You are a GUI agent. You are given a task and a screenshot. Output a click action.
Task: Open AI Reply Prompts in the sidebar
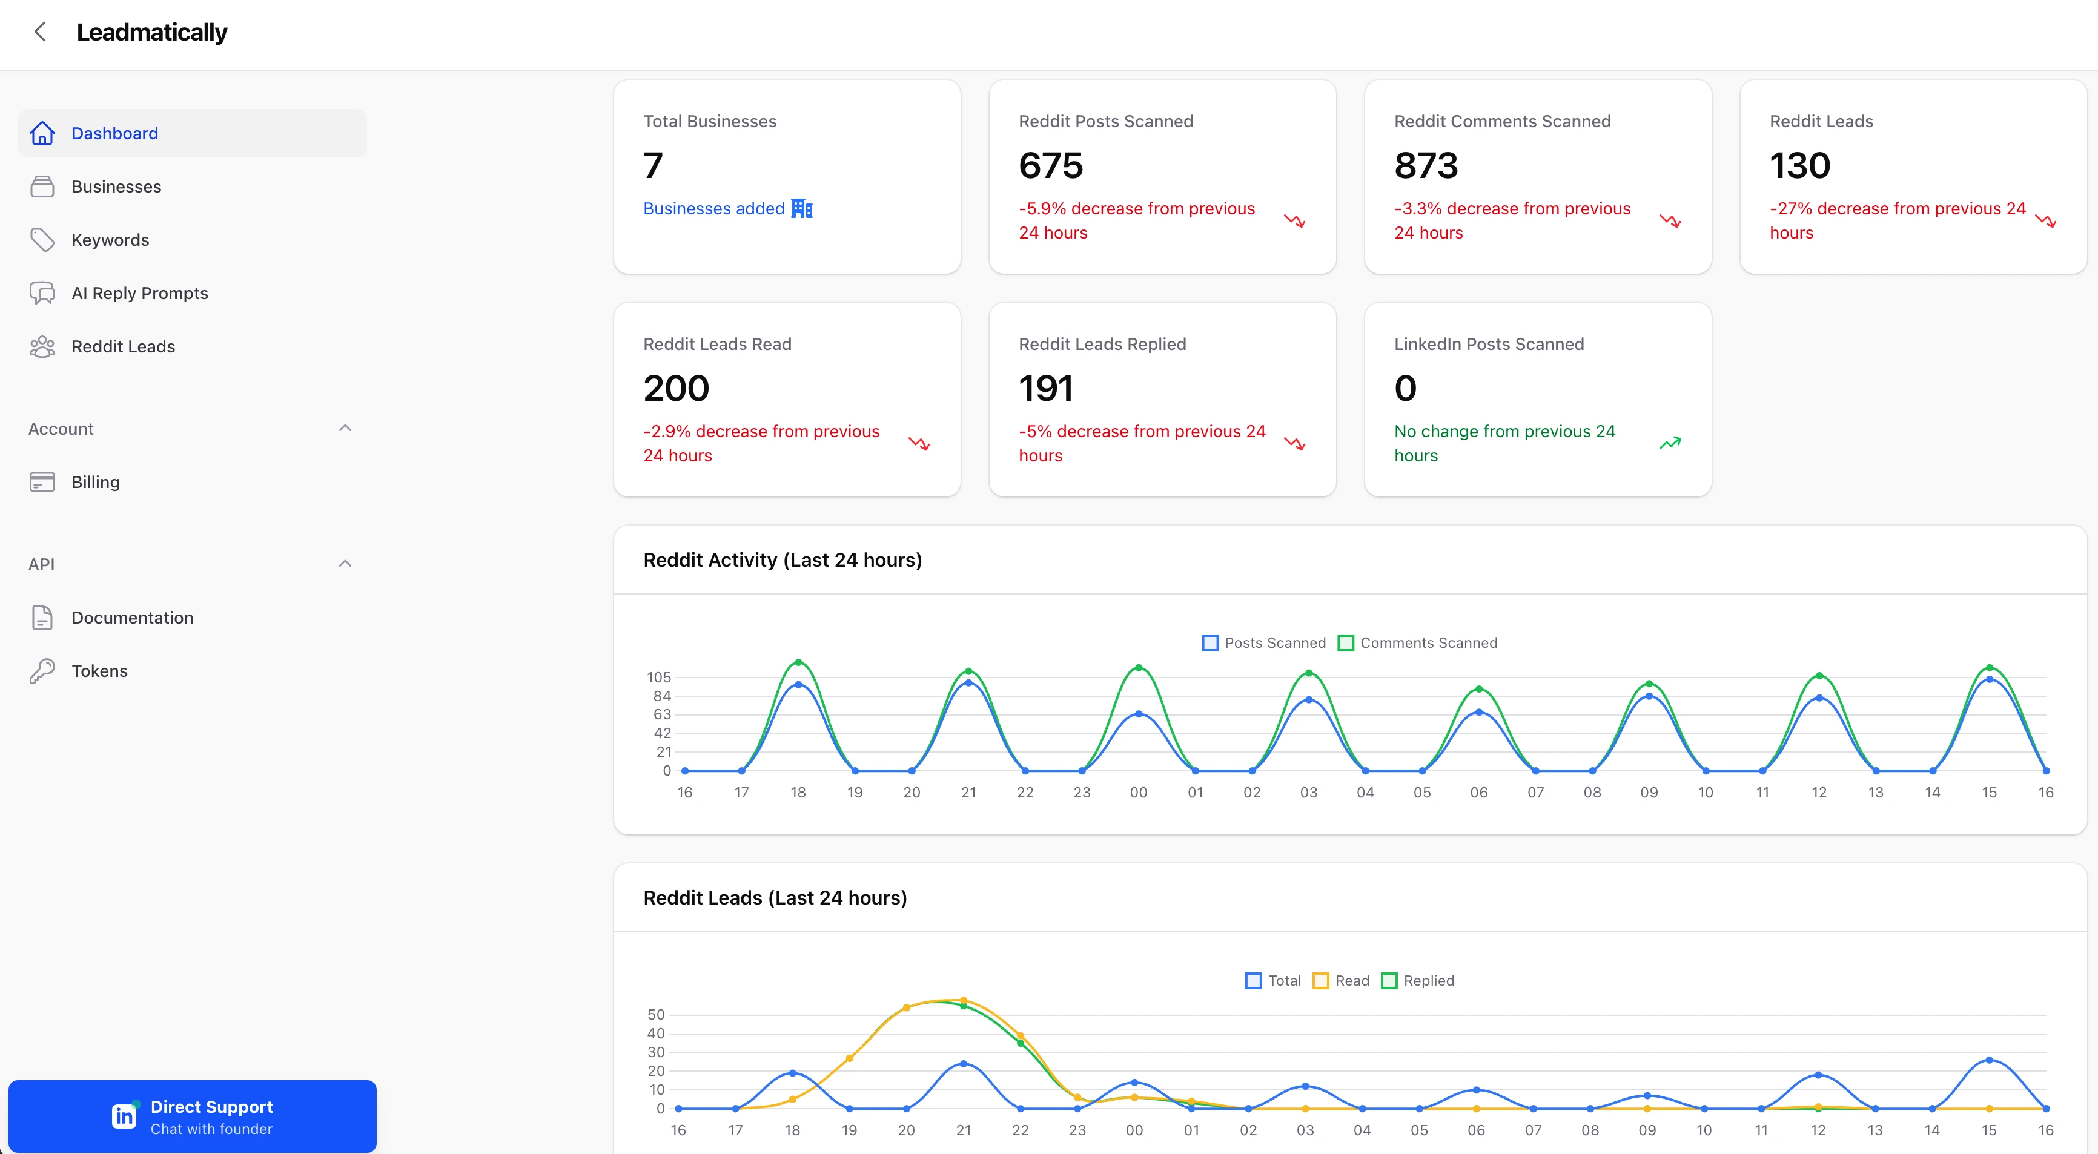pyautogui.click(x=139, y=293)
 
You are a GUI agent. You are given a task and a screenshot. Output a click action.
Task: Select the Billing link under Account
pyautogui.click(x=95, y=482)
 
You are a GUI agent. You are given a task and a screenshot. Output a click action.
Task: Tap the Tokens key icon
pyautogui.click(x=42, y=671)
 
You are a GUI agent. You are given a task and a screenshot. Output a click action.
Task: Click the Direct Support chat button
pyautogui.click(x=192, y=1116)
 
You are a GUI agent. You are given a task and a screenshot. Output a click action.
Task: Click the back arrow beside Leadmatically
pyautogui.click(x=40, y=31)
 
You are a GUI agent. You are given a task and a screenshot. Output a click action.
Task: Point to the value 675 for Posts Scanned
pyautogui.click(x=1051, y=165)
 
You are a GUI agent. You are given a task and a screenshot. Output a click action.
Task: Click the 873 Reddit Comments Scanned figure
pyautogui.click(x=1425, y=165)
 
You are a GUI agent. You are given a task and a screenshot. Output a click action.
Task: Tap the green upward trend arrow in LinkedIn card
pyautogui.click(x=1670, y=443)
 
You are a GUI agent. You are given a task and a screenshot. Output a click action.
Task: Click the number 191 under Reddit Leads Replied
pyautogui.click(x=1046, y=389)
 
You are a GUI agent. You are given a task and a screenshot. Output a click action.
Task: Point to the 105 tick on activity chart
pyautogui.click(x=659, y=677)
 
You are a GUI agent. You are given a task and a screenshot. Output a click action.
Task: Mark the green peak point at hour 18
pyautogui.click(x=798, y=662)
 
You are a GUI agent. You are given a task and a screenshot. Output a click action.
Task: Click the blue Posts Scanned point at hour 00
pyautogui.click(x=1139, y=713)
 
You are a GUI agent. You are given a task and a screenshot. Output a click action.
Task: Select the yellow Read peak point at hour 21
pyautogui.click(x=964, y=1000)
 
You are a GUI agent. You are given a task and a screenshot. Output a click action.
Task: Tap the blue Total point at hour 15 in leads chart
pyautogui.click(x=1989, y=1060)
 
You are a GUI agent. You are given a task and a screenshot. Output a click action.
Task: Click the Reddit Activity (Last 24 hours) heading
pyautogui.click(x=782, y=560)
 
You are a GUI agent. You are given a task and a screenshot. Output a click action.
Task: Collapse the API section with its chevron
pyautogui.click(x=345, y=564)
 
